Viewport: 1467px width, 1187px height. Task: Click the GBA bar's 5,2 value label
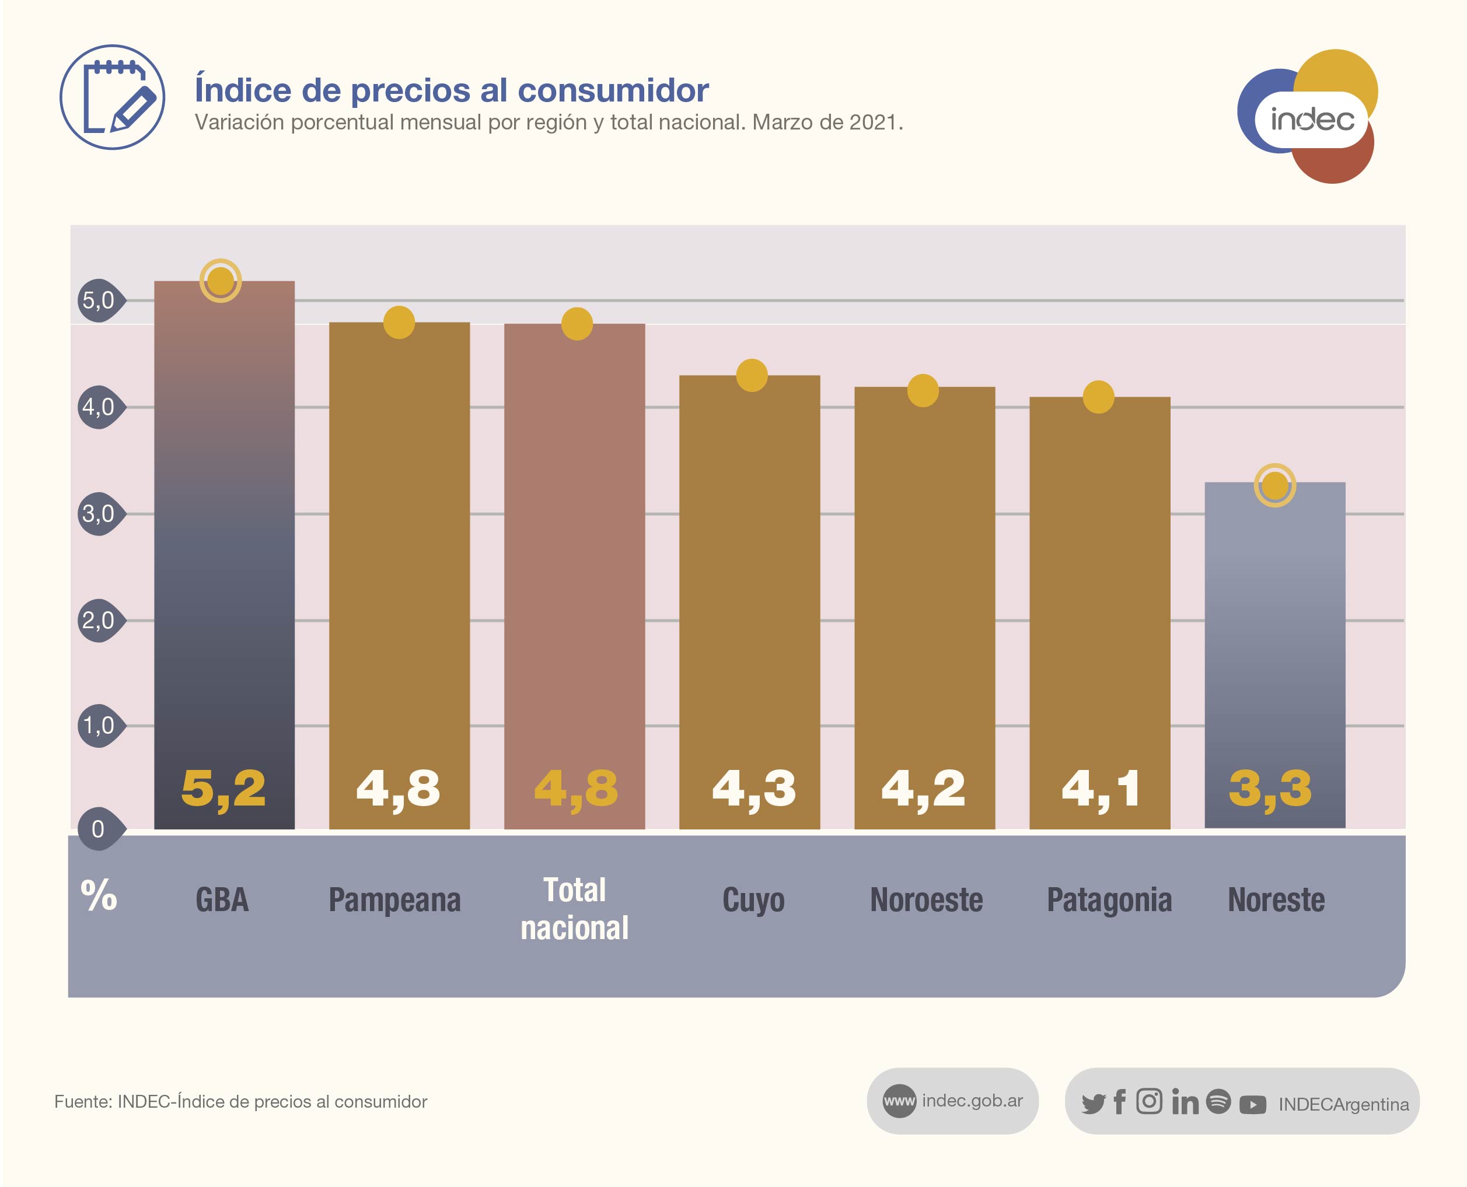point(223,789)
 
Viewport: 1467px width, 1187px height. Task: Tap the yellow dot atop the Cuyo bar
point(752,376)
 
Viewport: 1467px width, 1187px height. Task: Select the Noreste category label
point(1276,900)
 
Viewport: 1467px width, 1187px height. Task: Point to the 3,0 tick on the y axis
point(99,513)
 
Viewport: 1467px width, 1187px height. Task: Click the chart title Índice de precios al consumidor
point(452,90)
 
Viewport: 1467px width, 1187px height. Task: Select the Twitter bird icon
point(1093,1104)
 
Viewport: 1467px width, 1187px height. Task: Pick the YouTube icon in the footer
point(1252,1104)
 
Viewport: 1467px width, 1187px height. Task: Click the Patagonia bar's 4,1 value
point(1100,789)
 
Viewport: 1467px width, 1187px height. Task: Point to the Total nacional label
point(575,909)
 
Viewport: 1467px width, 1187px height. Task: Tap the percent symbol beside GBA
point(99,896)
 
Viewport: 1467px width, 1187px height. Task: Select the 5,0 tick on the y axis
point(99,300)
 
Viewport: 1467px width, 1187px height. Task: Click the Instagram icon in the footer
point(1149,1101)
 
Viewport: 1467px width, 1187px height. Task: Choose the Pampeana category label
point(394,900)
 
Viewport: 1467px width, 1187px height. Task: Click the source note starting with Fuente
point(241,1101)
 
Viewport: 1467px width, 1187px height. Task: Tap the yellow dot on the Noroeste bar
point(923,390)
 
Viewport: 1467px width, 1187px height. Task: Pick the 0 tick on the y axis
point(99,829)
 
